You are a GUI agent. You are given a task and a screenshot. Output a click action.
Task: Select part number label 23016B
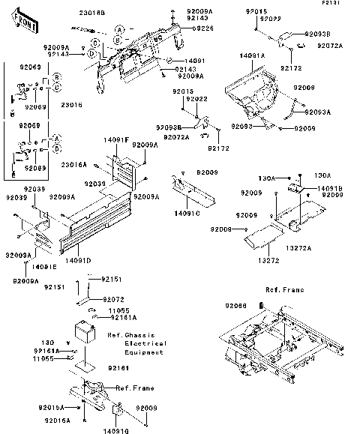(x=93, y=13)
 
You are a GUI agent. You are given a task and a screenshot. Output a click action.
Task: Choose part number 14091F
(x=116, y=140)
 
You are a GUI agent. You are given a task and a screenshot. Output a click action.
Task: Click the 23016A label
(x=74, y=164)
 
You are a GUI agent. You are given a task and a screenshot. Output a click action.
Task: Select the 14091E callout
(x=44, y=266)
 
